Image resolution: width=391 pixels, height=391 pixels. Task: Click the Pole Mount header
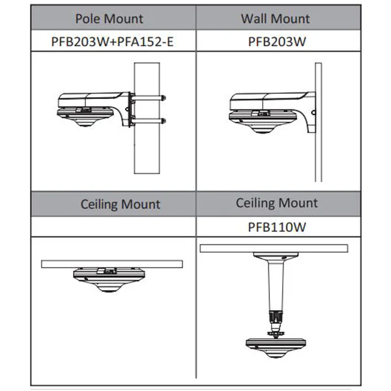pos(109,19)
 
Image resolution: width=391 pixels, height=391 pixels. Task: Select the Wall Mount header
pos(275,19)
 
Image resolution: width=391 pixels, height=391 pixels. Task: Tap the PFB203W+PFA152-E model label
pos(112,42)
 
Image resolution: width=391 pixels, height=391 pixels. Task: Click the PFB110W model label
pos(277,227)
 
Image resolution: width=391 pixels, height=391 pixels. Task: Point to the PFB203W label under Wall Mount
pos(277,42)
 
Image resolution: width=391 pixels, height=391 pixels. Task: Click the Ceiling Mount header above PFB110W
pos(277,203)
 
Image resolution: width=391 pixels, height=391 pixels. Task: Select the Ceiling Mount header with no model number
pos(120,204)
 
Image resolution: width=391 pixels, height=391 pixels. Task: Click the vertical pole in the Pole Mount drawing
pos(147,150)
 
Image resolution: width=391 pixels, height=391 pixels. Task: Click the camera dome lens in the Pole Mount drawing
pos(85,123)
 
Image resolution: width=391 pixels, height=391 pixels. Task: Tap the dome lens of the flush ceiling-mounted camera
pos(109,289)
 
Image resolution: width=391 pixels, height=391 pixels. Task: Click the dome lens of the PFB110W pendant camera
pos(276,355)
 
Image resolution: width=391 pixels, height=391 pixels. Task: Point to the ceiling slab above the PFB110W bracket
pos(274,248)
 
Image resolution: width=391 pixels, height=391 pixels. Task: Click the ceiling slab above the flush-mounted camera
pos(112,264)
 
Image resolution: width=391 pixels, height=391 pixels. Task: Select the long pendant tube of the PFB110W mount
pos(276,284)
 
